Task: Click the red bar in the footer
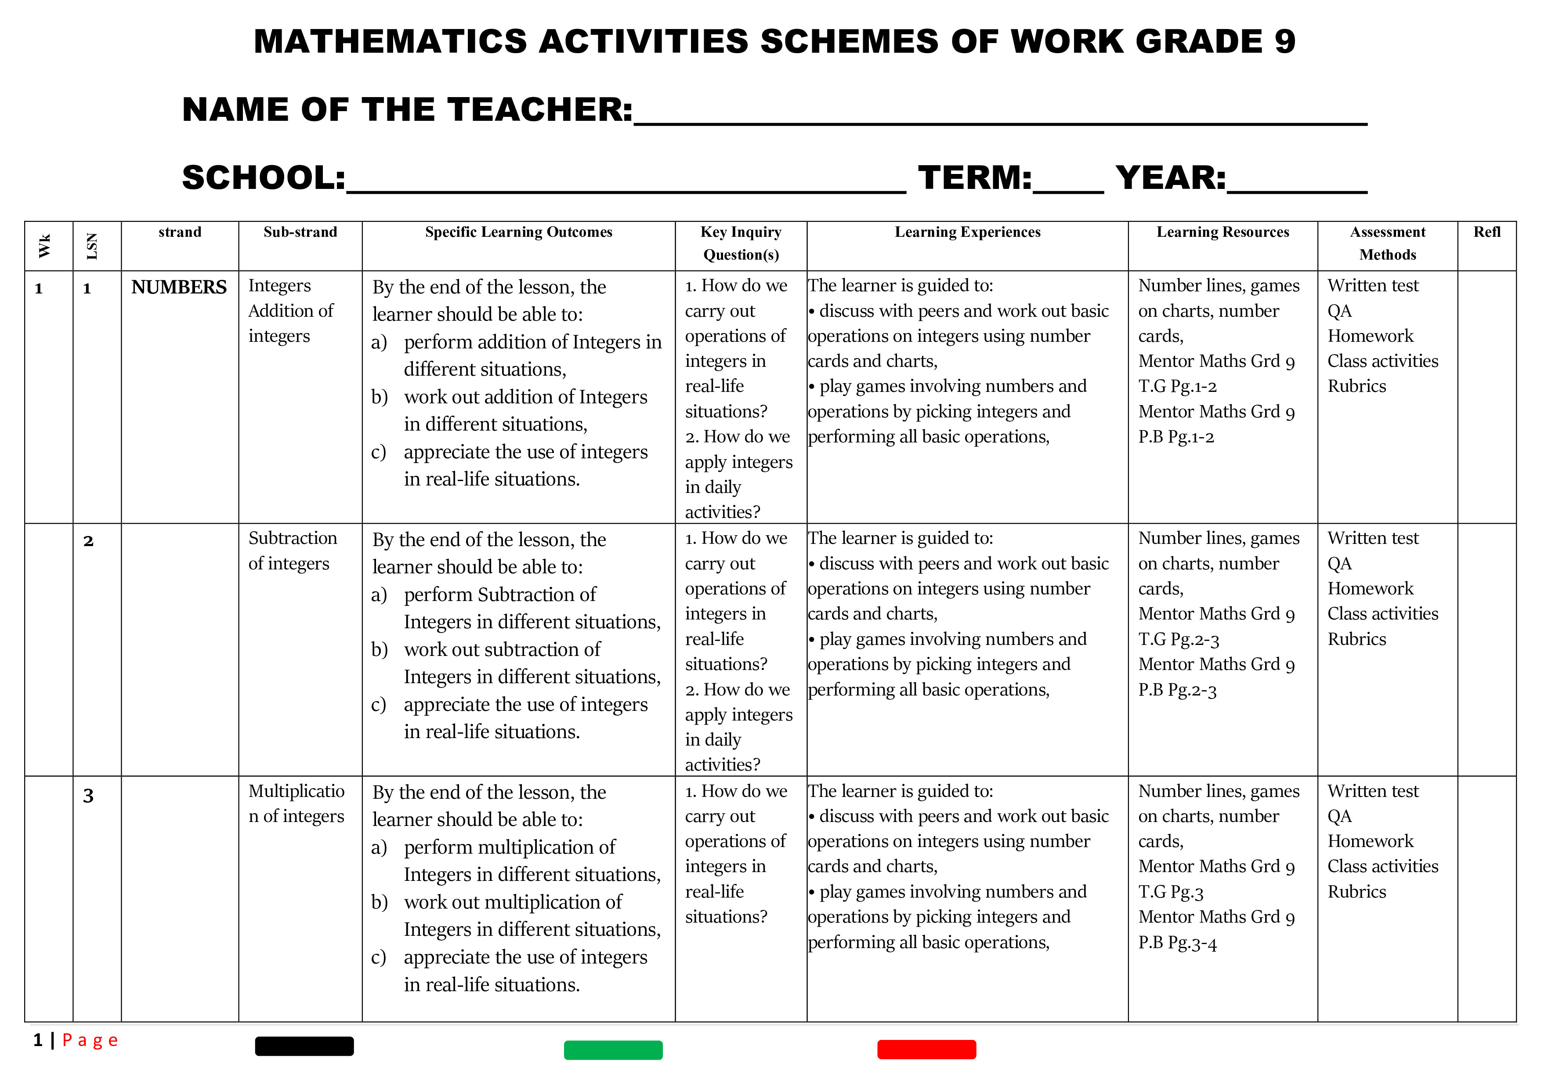point(926,1049)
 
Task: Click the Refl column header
point(1487,232)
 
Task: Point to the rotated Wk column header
point(44,246)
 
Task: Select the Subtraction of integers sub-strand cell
point(293,550)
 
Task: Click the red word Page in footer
point(90,1040)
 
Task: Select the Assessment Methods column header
point(1387,243)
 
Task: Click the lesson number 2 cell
point(88,541)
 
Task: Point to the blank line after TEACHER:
point(1000,114)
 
